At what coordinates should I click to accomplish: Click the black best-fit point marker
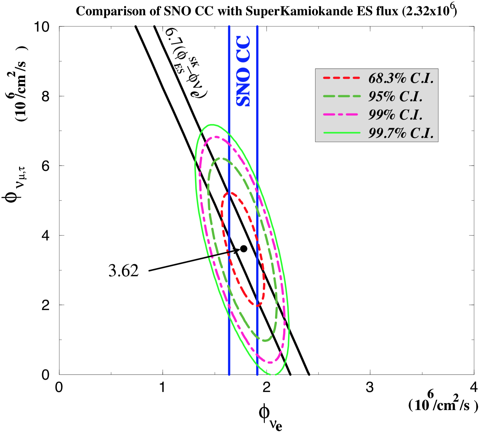(244, 249)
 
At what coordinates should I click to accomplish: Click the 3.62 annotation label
(124, 271)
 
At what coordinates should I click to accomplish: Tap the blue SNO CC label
(243, 71)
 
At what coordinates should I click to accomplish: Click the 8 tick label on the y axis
(45, 97)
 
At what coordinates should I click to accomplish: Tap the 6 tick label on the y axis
(45, 166)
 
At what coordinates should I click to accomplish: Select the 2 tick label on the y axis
(45, 305)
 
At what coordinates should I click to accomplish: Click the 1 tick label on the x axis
(162, 387)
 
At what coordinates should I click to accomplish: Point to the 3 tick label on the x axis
(370, 387)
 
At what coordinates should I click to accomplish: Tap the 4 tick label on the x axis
(474, 387)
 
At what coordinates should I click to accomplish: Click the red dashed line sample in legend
(341, 78)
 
